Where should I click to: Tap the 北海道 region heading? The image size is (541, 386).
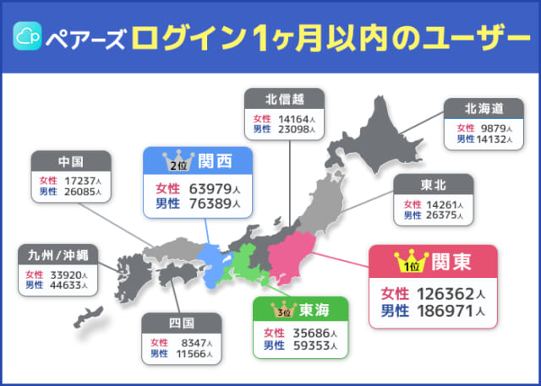pos(484,108)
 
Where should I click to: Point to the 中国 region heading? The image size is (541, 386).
pos(71,163)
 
